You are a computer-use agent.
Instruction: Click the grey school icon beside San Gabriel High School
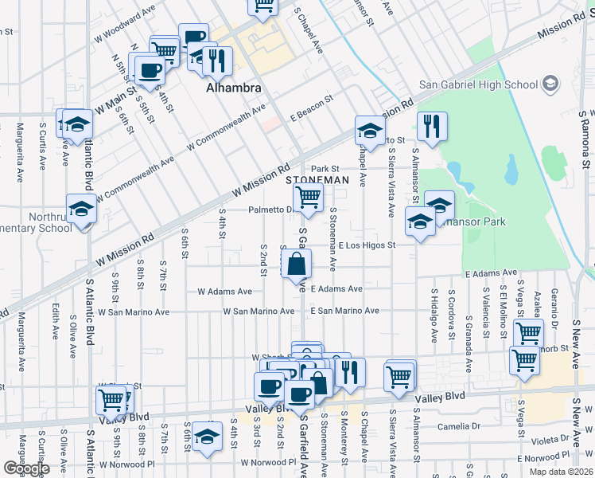tap(550, 84)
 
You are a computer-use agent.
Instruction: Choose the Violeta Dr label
tap(549, 439)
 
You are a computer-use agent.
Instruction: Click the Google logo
tap(26, 468)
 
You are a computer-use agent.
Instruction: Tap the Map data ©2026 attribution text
tap(560, 472)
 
